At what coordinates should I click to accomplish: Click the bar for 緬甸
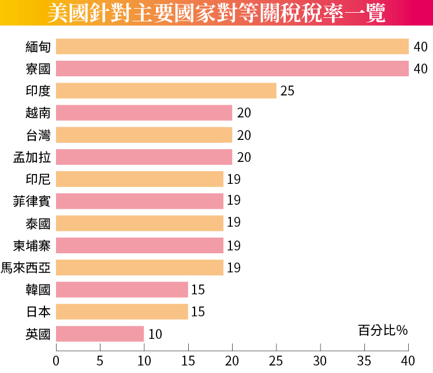pos(232,46)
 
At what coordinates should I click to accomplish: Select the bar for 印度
pos(166,91)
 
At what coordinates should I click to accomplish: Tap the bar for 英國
pos(100,334)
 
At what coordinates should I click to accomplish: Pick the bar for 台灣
pos(144,135)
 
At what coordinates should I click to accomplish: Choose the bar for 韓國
pos(122,290)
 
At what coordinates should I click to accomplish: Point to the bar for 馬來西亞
pos(140,268)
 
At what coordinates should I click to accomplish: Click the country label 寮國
pos(38,69)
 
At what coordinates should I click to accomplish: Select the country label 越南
pos(38,113)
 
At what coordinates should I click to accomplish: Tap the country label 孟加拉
pos(32,157)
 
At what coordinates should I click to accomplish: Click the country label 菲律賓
pos(32,201)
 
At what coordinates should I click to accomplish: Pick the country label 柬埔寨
pos(32,246)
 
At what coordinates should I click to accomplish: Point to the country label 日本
pos(38,312)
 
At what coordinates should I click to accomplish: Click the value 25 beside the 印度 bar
pos(288,91)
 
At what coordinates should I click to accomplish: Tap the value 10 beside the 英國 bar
pos(155,334)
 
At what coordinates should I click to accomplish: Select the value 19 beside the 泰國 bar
pos(234,223)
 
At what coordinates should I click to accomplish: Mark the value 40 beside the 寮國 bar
pos(420,69)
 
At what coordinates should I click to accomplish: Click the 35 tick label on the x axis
pos(364,361)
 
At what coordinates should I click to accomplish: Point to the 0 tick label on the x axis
pos(56,361)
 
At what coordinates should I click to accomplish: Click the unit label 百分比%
pos(383,330)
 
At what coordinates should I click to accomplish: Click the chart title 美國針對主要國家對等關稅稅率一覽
pos(216,13)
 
